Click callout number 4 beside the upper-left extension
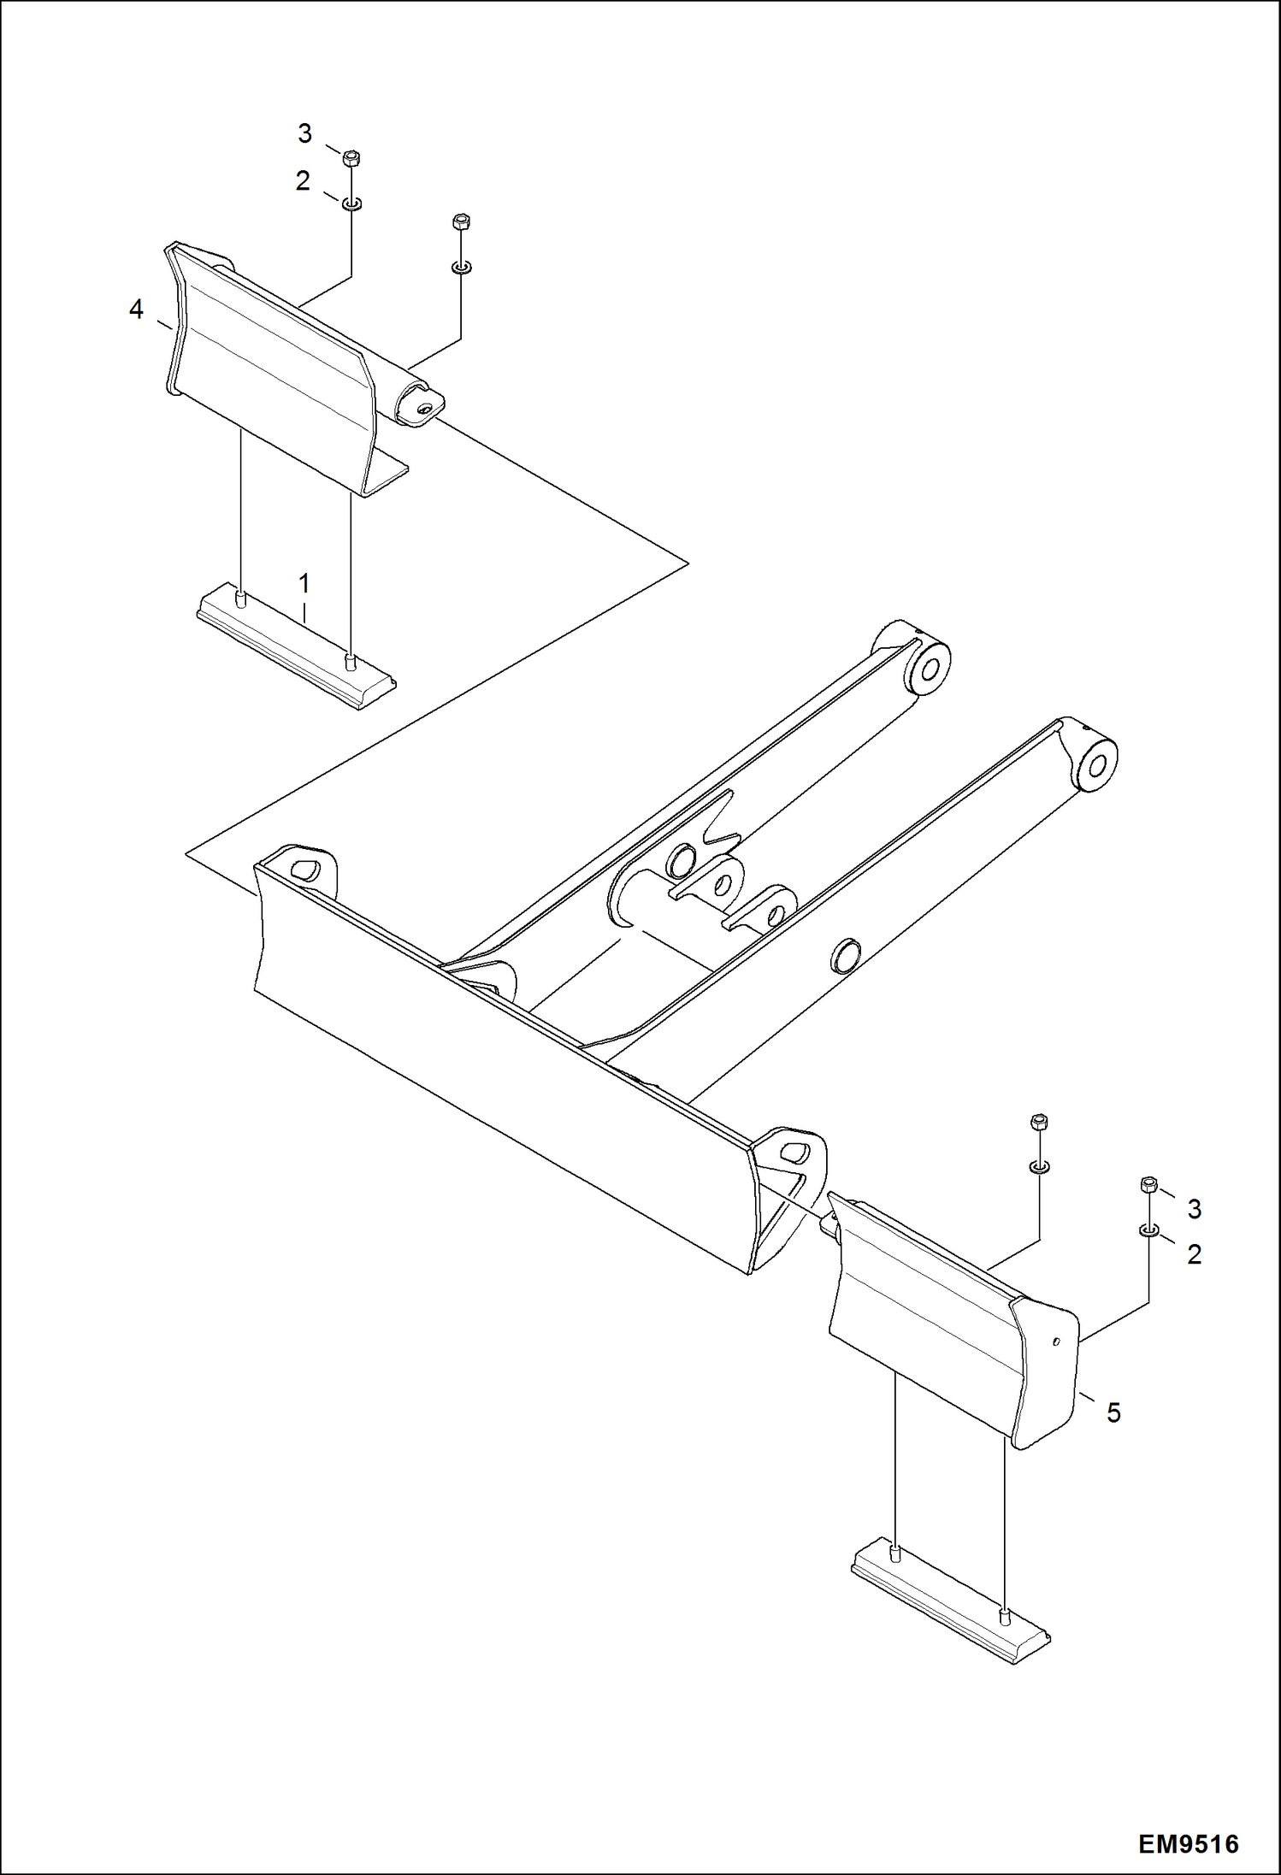click(136, 310)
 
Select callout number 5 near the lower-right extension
click(1113, 1413)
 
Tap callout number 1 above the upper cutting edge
click(304, 584)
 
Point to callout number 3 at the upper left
click(304, 133)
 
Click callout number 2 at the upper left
click(303, 181)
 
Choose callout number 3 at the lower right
click(1194, 1209)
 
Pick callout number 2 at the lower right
click(1194, 1254)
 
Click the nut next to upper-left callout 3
click(351, 158)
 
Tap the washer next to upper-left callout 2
click(351, 203)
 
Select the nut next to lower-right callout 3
click(1149, 1185)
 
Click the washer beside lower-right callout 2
click(1149, 1230)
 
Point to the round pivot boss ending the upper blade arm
click(930, 667)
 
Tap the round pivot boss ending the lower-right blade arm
click(1096, 763)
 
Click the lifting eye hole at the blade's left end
click(305, 870)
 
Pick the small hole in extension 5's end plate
click(1057, 1341)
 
